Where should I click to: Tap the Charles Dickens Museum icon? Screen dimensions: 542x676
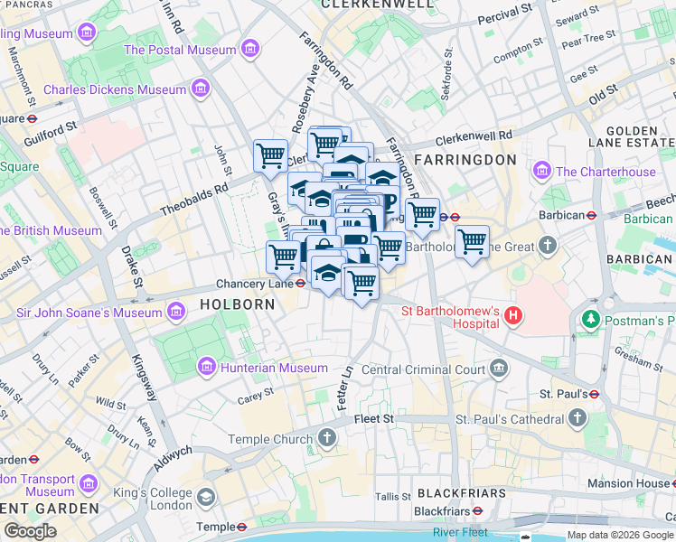pos(200,89)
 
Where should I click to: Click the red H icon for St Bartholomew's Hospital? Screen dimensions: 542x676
pos(512,315)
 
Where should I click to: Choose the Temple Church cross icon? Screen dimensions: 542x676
pos(326,439)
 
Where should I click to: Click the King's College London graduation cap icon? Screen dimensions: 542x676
pos(206,497)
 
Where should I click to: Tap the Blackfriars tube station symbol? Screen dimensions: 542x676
pos(476,511)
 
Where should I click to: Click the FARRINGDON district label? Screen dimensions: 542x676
pos(465,159)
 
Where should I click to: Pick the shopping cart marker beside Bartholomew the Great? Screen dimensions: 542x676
pos(471,242)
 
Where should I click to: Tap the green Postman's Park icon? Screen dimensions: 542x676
pos(591,319)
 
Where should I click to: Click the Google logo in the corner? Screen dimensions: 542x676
pos(31,531)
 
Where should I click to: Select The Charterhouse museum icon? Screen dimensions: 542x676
pos(542,171)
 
